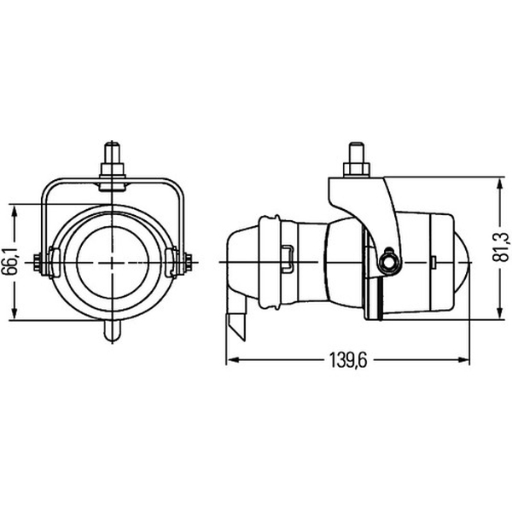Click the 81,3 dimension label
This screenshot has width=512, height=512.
[500, 247]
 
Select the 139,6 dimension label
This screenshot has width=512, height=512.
[348, 360]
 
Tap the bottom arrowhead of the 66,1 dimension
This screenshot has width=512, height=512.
[14, 311]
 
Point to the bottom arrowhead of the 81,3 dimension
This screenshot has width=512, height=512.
[499, 311]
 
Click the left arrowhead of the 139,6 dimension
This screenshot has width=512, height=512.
[235, 360]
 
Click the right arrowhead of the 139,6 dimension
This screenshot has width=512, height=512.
[461, 360]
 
